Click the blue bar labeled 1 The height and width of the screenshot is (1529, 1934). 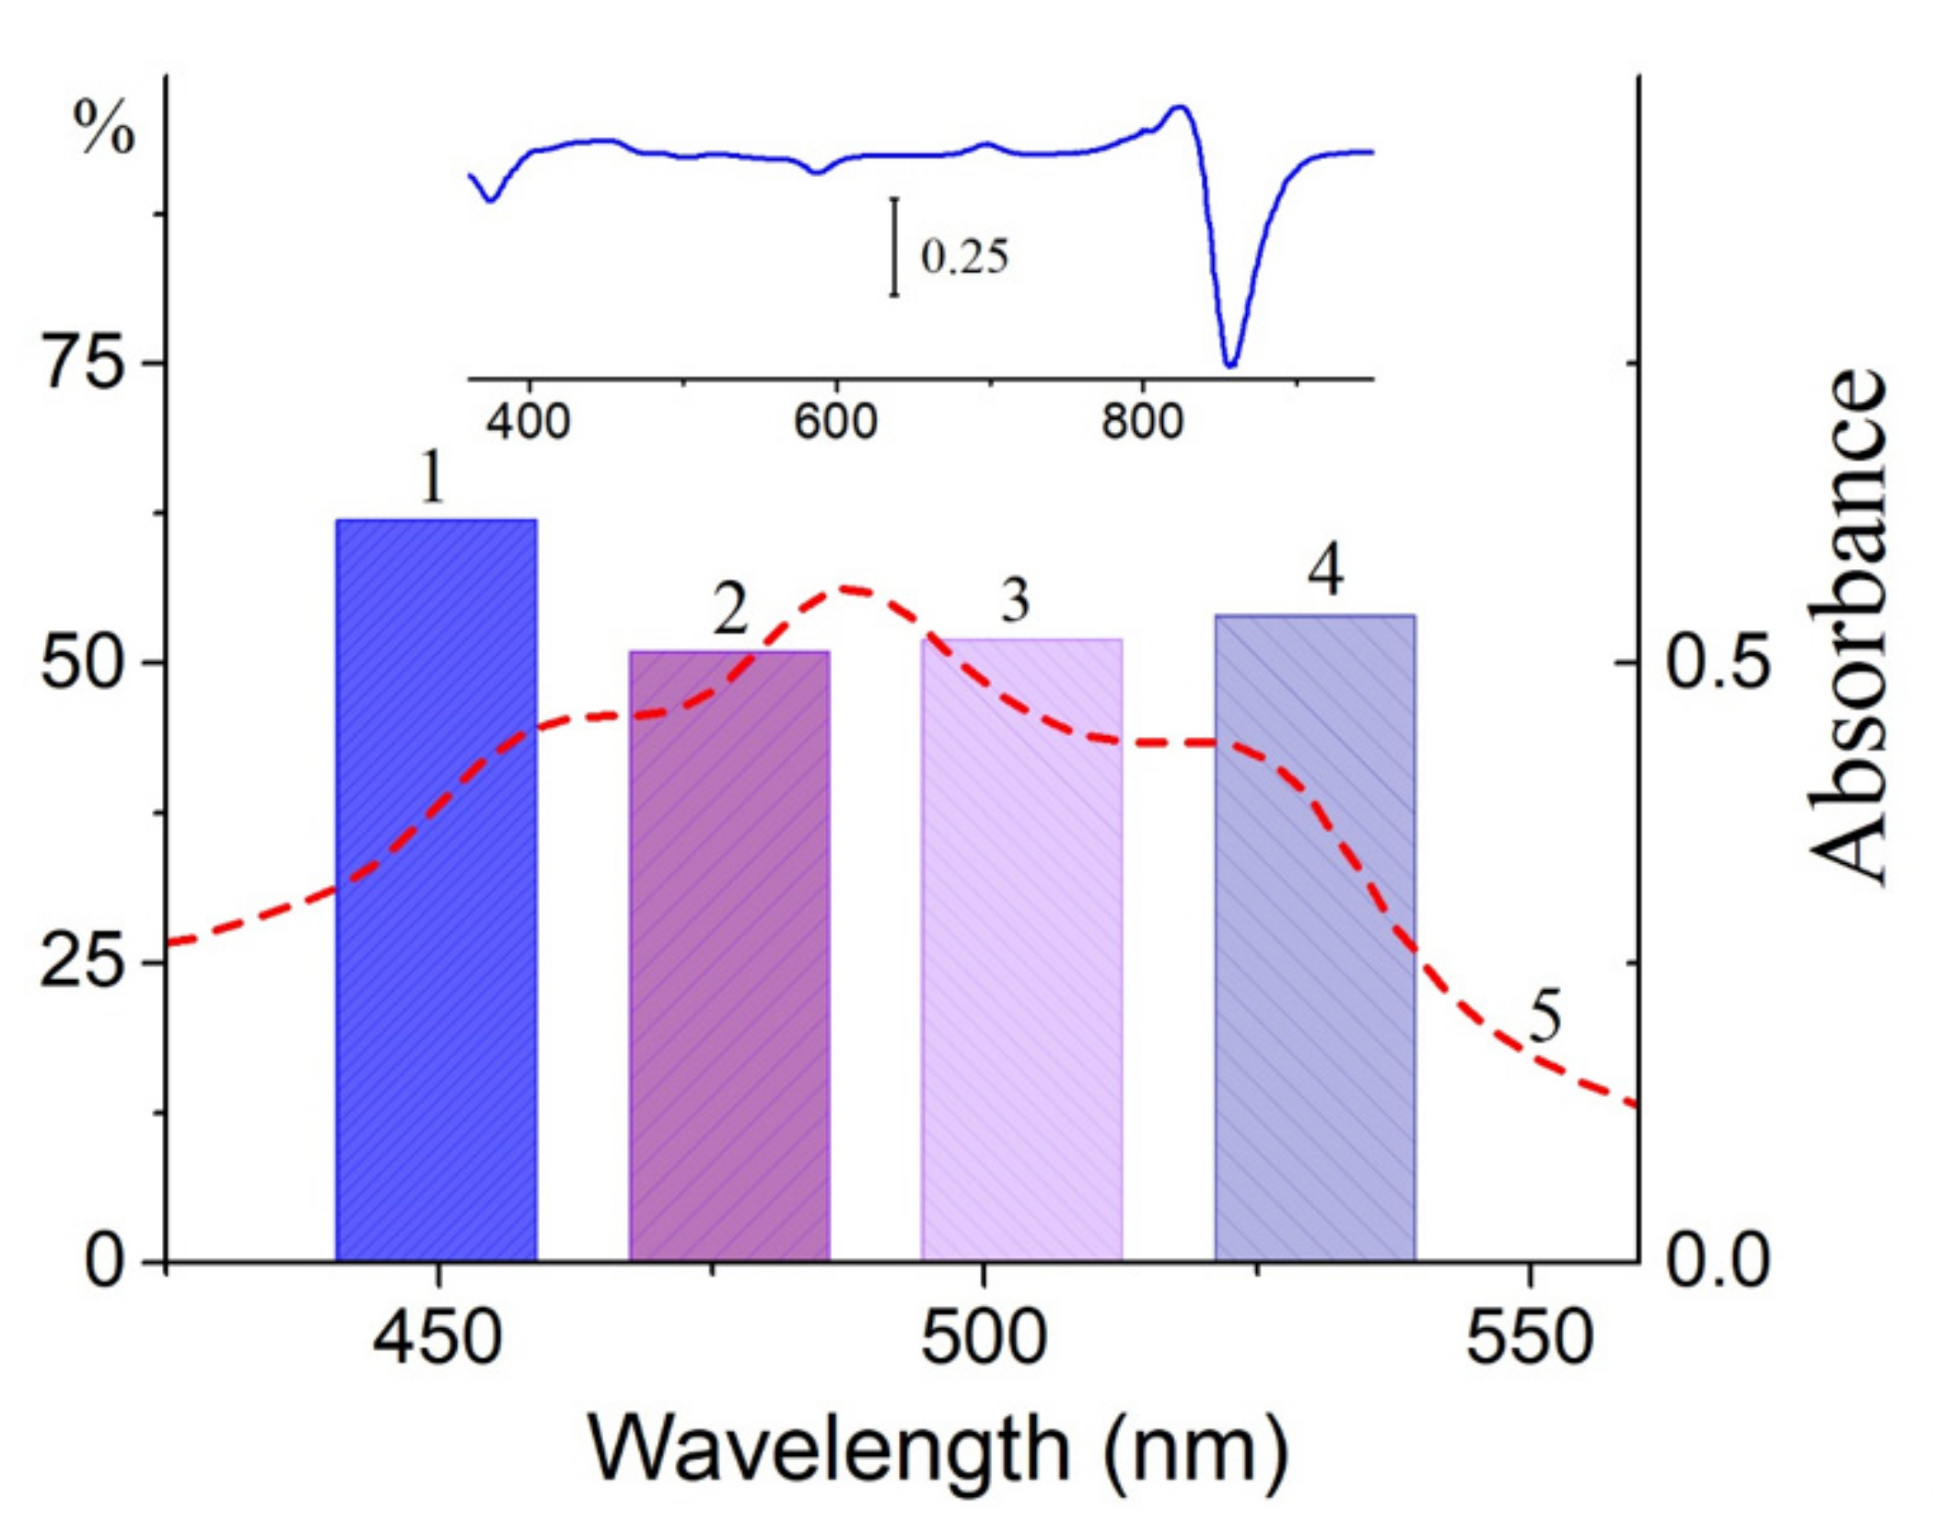(x=436, y=889)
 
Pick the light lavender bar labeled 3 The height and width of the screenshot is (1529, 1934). (x=1021, y=949)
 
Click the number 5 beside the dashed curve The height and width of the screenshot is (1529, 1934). (x=1545, y=1018)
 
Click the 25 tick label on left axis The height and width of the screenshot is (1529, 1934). (x=84, y=963)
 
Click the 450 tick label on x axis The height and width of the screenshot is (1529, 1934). (x=438, y=1338)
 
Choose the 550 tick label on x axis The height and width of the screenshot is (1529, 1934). (x=1530, y=1338)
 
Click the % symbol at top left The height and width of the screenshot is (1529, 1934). (x=103, y=128)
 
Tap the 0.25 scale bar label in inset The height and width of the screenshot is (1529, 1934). (x=964, y=256)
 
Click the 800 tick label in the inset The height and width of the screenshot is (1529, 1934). (x=1142, y=422)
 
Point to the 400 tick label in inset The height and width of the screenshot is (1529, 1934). (x=528, y=422)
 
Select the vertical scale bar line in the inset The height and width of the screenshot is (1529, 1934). (x=893, y=247)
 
